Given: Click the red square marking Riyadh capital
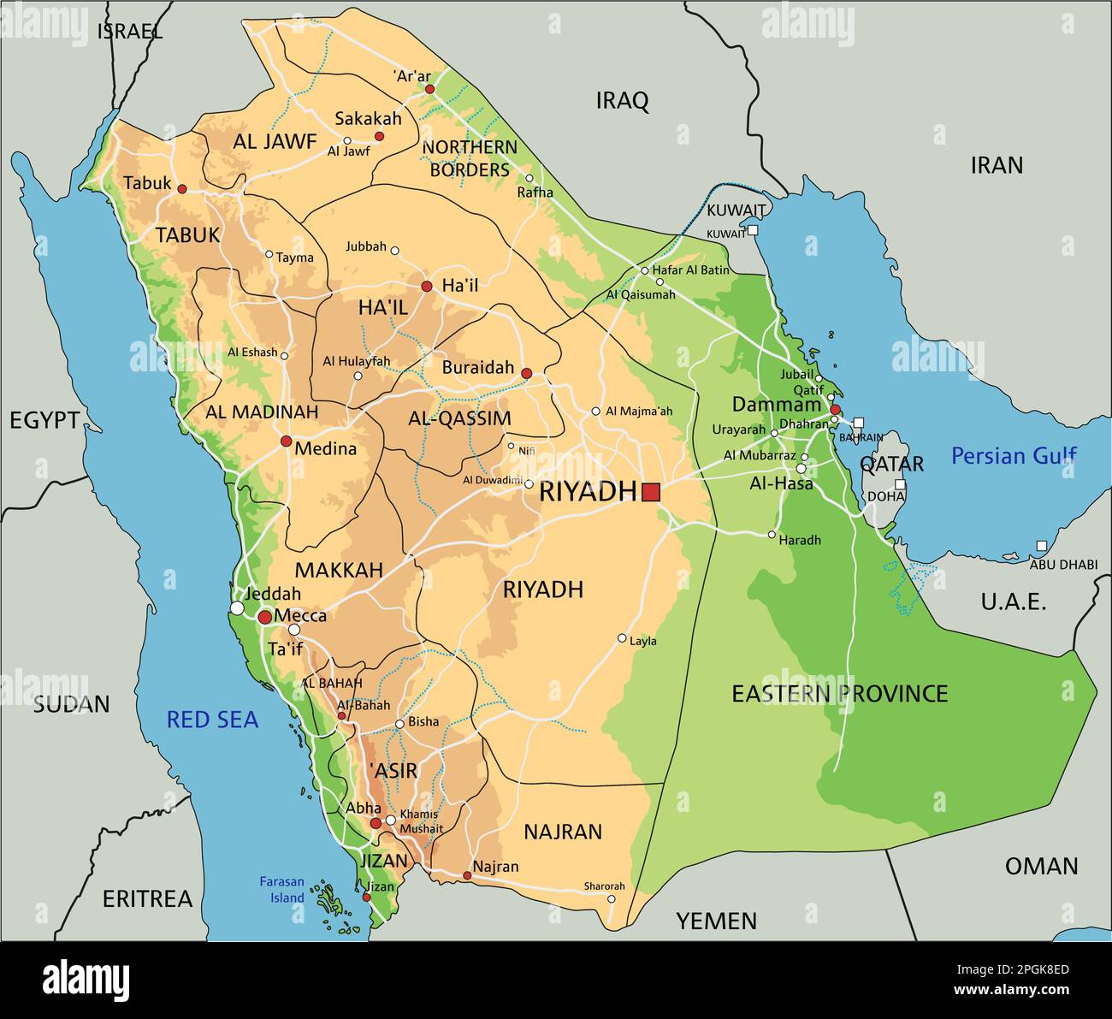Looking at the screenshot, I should point(651,491).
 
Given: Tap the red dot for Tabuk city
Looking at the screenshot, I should point(181,188).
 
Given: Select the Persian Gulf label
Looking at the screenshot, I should point(1014,456).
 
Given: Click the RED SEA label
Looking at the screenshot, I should point(212,720).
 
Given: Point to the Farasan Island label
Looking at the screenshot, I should point(281,890).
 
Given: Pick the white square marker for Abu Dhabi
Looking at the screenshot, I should point(1041,546).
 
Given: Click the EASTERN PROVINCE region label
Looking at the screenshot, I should point(839,693).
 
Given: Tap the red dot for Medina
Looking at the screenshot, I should point(286,441).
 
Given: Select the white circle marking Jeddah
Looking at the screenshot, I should point(237,608).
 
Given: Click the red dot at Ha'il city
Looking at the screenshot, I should point(426,286).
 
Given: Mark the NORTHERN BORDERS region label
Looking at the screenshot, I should point(470,158).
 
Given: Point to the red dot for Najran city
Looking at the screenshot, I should point(467,875).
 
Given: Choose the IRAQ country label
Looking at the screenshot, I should point(622,101).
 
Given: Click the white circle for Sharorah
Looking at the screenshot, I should point(611,899).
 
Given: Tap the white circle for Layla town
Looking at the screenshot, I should point(622,638).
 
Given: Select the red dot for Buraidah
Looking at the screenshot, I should point(527,373).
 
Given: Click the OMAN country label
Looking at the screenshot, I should point(1041,866).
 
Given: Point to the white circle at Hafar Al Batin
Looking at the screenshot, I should point(645,270).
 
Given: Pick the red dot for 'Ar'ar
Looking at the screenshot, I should point(429,89).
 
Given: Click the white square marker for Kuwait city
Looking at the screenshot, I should point(752,230).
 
